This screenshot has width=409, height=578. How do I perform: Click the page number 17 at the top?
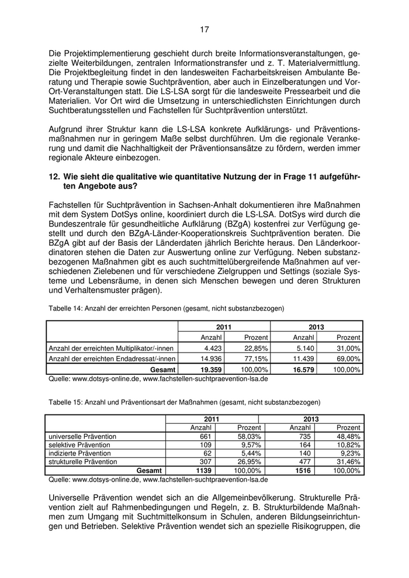click(x=204, y=29)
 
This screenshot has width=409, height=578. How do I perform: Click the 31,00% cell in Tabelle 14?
click(x=349, y=348)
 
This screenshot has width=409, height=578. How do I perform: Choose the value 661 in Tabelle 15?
click(x=204, y=436)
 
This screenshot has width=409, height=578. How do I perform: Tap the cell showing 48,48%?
click(x=349, y=436)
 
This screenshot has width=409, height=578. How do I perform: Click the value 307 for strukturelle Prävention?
click(x=204, y=461)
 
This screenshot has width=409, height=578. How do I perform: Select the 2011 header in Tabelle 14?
click(x=224, y=327)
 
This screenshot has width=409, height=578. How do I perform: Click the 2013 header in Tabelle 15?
click(x=310, y=419)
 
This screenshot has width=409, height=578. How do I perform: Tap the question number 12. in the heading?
click(x=54, y=177)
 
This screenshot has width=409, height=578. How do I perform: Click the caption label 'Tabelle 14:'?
click(x=65, y=307)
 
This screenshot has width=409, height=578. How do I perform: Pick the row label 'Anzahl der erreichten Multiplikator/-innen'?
click(x=111, y=348)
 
